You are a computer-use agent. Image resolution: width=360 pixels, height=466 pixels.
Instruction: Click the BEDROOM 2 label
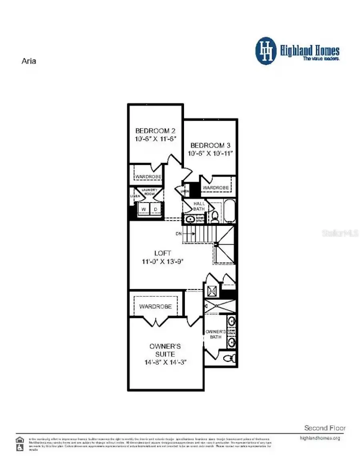click(x=155, y=131)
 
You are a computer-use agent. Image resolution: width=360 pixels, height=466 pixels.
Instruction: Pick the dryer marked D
click(x=156, y=209)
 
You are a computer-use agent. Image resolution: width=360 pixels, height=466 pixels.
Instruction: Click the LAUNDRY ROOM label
click(x=150, y=192)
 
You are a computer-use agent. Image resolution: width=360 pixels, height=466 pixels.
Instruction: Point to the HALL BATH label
click(x=199, y=206)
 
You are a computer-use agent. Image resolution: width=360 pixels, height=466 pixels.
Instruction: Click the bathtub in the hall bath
click(x=230, y=211)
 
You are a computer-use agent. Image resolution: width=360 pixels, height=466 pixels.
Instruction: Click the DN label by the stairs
click(x=178, y=233)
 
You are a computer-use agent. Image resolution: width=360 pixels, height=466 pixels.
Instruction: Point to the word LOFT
click(x=163, y=253)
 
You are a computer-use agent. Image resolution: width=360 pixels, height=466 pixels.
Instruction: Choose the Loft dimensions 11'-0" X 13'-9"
click(x=163, y=261)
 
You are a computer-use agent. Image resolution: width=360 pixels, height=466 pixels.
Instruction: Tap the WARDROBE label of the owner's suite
click(x=156, y=306)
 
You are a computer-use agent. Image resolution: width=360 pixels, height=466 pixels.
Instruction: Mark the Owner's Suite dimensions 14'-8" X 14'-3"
click(x=166, y=362)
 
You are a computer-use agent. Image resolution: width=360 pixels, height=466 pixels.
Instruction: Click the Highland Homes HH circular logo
click(x=266, y=51)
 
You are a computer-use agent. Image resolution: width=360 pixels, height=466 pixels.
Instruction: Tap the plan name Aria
click(x=28, y=61)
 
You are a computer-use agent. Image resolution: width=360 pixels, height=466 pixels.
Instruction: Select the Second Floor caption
click(x=325, y=428)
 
